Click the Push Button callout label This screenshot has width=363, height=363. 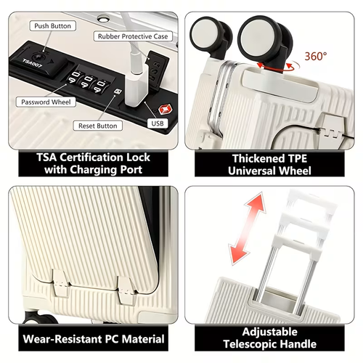click(53, 26)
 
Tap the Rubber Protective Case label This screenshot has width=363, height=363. click(133, 36)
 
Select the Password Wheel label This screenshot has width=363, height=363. click(46, 102)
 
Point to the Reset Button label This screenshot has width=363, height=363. click(97, 126)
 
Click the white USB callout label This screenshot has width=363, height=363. click(158, 123)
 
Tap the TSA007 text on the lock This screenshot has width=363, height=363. click(32, 63)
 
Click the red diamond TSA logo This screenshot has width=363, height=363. click(165, 110)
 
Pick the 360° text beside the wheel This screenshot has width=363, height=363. click(316, 56)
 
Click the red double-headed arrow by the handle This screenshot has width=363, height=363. click(247, 229)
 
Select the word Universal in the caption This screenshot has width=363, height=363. click(252, 171)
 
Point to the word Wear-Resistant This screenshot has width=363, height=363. click(63, 339)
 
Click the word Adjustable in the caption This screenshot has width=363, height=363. click(270, 332)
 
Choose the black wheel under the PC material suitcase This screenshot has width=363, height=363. click(40, 317)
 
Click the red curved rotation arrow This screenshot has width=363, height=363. click(278, 67)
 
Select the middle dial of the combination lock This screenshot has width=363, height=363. click(88, 82)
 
